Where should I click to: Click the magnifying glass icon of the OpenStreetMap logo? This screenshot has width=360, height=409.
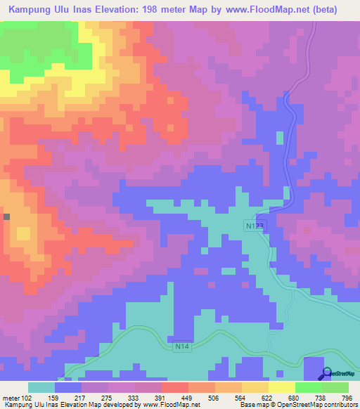tap(326, 374)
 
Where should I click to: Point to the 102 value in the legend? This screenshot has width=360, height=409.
tap(29, 397)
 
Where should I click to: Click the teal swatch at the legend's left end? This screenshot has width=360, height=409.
tap(41, 387)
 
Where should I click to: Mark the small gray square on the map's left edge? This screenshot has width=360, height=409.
tap(6, 217)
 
